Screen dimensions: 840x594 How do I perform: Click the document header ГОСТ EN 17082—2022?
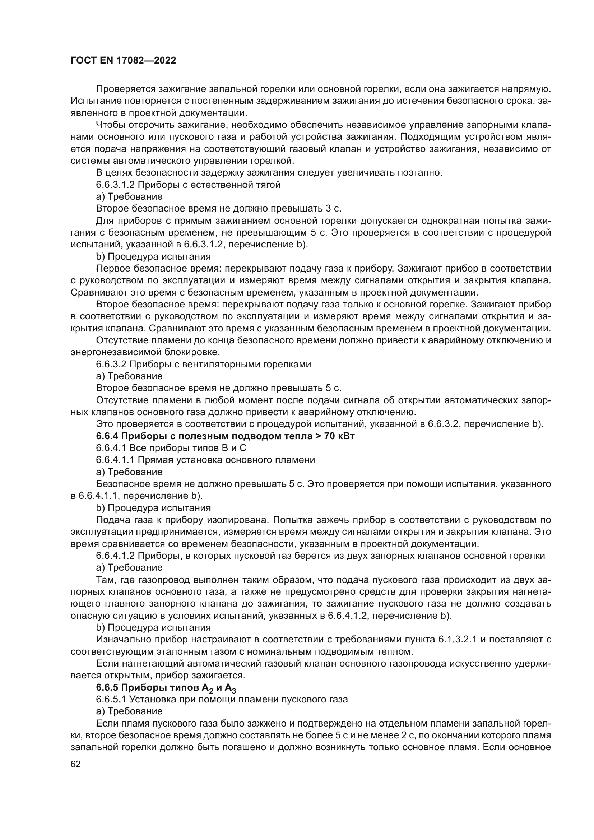coord(123,60)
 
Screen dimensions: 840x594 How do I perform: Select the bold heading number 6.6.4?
coord(107,436)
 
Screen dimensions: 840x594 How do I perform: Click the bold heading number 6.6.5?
coord(107,687)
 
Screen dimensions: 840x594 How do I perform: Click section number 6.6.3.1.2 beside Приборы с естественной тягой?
coord(115,185)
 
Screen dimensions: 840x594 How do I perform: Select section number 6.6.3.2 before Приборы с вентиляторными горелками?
coord(111,364)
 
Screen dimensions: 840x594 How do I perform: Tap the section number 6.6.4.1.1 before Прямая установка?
coord(115,460)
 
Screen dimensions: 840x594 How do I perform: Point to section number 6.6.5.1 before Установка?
coord(111,699)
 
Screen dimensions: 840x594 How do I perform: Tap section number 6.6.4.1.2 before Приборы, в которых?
coord(115,556)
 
